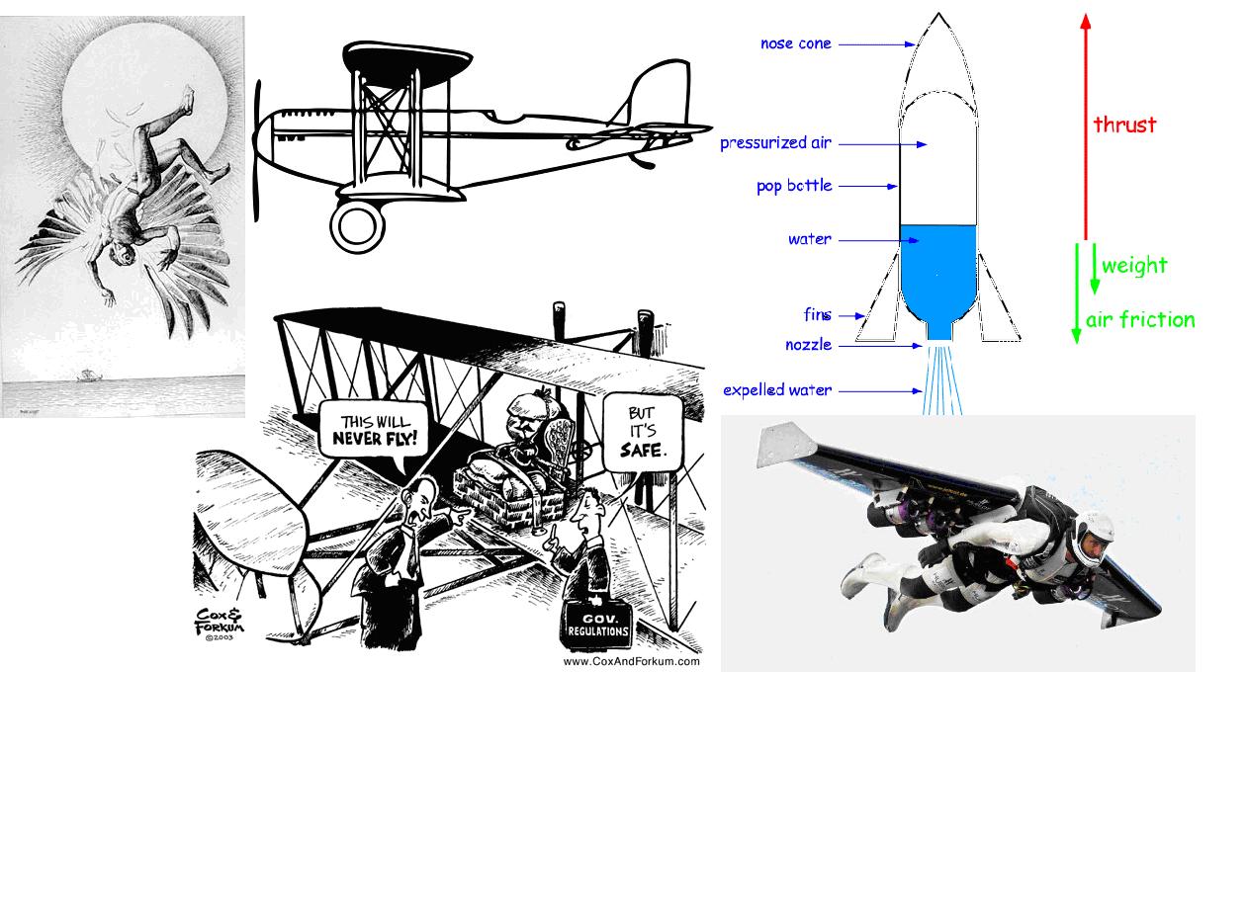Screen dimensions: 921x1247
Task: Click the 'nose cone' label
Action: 795,43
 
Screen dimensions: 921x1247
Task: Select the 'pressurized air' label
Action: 775,143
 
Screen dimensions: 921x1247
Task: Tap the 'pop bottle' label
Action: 794,186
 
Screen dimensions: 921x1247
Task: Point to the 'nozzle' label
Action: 808,345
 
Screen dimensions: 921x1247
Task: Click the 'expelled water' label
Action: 777,390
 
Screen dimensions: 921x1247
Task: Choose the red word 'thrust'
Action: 1124,125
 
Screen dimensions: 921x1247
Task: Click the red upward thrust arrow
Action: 1086,128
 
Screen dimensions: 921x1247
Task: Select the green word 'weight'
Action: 1134,266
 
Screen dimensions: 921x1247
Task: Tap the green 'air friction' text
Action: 1140,320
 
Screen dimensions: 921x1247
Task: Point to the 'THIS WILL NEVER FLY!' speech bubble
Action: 374,430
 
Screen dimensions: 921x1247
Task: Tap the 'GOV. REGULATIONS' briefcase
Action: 597,623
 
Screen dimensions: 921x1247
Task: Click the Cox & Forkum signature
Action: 219,624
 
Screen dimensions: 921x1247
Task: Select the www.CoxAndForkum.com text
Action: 631,661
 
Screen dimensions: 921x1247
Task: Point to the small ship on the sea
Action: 89,376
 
